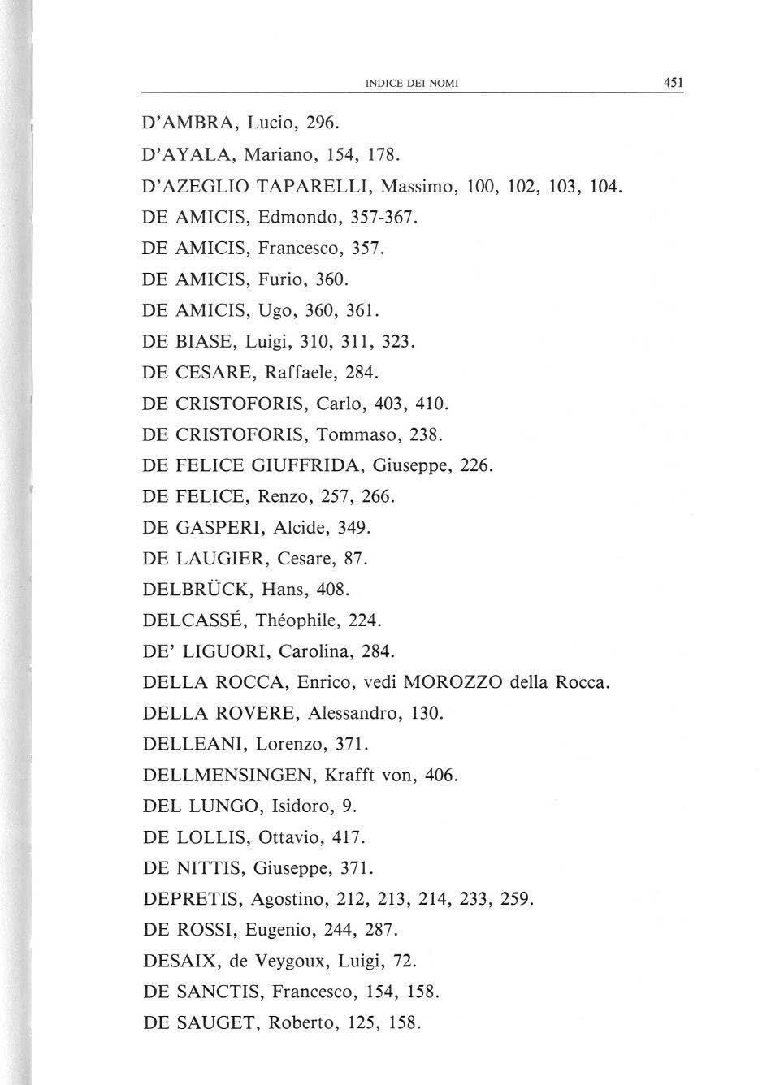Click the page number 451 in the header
click(673, 82)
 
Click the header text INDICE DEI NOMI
click(412, 83)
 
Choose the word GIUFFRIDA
click(306, 466)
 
